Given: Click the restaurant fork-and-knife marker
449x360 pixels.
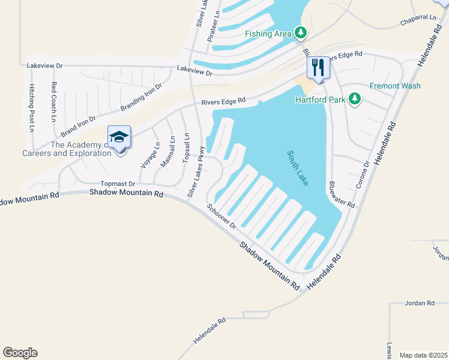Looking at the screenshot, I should (x=318, y=67).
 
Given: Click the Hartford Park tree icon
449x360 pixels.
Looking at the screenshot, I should (x=355, y=98).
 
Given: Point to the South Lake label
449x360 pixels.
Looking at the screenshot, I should (x=298, y=167).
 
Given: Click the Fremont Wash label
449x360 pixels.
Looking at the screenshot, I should (x=395, y=86).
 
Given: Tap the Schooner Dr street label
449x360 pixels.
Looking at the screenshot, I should (x=222, y=217).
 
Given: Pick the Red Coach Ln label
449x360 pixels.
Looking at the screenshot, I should (x=53, y=101).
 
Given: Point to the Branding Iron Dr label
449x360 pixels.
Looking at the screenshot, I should (x=141, y=97).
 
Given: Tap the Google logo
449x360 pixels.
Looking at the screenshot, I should (x=20, y=353).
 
